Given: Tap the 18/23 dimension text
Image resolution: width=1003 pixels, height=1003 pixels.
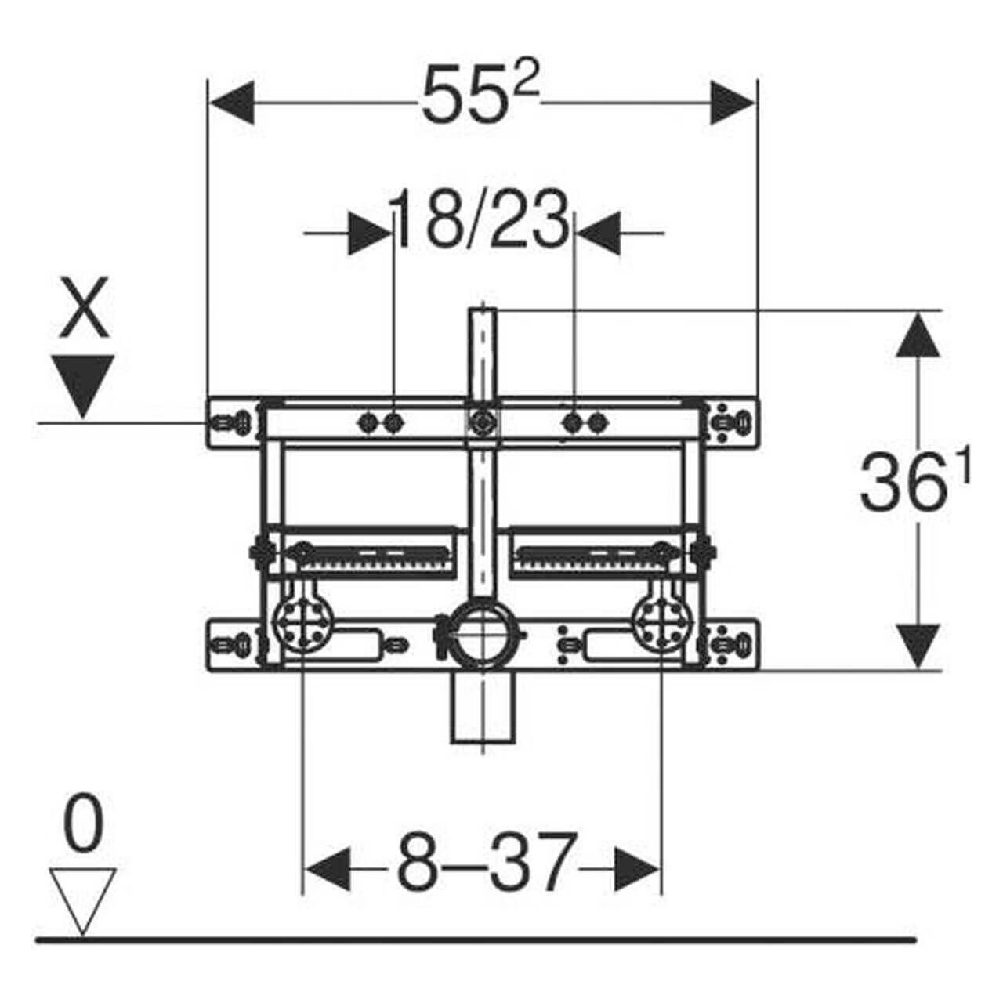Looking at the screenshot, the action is (480, 219).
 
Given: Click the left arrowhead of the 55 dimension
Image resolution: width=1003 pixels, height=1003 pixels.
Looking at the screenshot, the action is (231, 103).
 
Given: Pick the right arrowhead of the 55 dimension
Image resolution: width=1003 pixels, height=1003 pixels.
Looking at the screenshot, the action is (733, 103).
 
